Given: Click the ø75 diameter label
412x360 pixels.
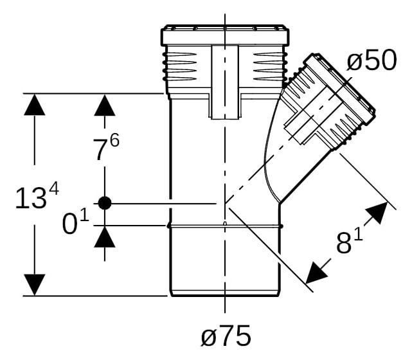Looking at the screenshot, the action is click(x=226, y=336).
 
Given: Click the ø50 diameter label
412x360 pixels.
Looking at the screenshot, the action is click(x=372, y=60).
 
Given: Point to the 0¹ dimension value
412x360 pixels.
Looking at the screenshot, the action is click(x=76, y=223).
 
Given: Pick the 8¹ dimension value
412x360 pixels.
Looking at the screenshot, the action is click(x=349, y=242).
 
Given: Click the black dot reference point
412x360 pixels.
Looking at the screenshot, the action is click(x=105, y=203).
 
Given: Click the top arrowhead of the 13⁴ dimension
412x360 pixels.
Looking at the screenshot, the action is click(x=35, y=105).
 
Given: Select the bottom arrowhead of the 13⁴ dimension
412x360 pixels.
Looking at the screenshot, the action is click(x=35, y=285).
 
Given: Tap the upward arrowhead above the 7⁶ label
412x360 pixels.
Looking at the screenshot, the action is click(x=105, y=105).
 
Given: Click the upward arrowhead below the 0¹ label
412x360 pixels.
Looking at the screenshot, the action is click(x=105, y=237).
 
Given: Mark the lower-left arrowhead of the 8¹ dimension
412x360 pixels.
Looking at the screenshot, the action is click(x=316, y=273).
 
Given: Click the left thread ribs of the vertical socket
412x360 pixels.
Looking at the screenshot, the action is click(x=180, y=67).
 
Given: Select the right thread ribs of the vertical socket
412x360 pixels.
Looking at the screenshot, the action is click(x=269, y=67).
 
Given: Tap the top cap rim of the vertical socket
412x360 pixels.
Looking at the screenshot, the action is click(x=225, y=35).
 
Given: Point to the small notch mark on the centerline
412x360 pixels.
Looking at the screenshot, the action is click(x=225, y=224).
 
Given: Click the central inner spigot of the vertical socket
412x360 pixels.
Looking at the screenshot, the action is click(x=225, y=82).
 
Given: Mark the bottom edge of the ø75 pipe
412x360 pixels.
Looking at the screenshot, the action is click(x=225, y=296).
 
